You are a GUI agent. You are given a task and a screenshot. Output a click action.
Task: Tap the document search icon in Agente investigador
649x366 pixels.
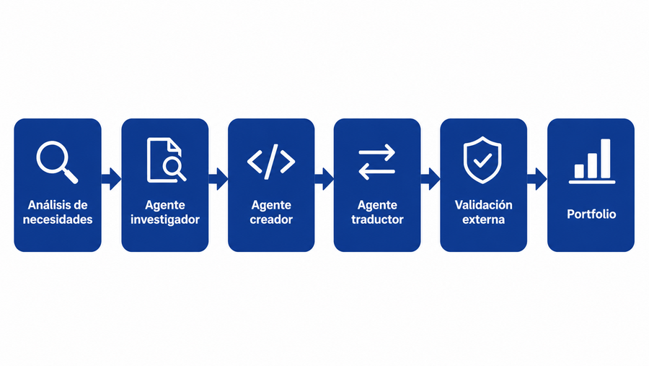[x=167, y=160]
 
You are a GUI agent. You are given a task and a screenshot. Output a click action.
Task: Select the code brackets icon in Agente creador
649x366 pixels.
[x=271, y=161]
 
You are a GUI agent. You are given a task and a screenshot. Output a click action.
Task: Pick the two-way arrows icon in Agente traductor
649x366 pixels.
[x=376, y=162]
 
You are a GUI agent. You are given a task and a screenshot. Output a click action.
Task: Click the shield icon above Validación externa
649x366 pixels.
[x=482, y=160]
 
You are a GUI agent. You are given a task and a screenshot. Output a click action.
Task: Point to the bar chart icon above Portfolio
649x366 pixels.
[x=592, y=161]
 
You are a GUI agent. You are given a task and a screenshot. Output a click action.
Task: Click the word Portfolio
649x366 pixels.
[x=591, y=214]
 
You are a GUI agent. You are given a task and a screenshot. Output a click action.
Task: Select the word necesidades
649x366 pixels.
[x=58, y=219]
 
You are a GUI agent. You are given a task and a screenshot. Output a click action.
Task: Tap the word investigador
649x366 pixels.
[x=164, y=219]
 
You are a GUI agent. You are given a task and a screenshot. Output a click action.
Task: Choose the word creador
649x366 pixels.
[x=271, y=219]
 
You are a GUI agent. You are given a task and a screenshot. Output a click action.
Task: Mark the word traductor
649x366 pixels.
[x=377, y=219]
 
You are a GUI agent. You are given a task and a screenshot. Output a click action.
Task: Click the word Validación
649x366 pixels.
[x=483, y=205]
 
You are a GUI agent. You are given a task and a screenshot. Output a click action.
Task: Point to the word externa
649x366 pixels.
[x=483, y=219]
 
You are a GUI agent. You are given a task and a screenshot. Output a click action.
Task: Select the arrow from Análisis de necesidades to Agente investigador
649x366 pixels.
[x=111, y=179]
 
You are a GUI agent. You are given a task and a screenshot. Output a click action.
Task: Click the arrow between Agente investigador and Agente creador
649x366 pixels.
[x=218, y=179]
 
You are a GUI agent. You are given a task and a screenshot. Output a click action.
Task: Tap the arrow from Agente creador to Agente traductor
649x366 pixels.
[x=324, y=179]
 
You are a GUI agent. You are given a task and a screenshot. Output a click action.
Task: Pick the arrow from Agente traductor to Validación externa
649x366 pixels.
[x=431, y=179]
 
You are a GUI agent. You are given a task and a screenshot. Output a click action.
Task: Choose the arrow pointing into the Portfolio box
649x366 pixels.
[x=537, y=179]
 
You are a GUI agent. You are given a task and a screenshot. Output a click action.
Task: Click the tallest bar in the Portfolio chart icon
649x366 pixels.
[x=606, y=159]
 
